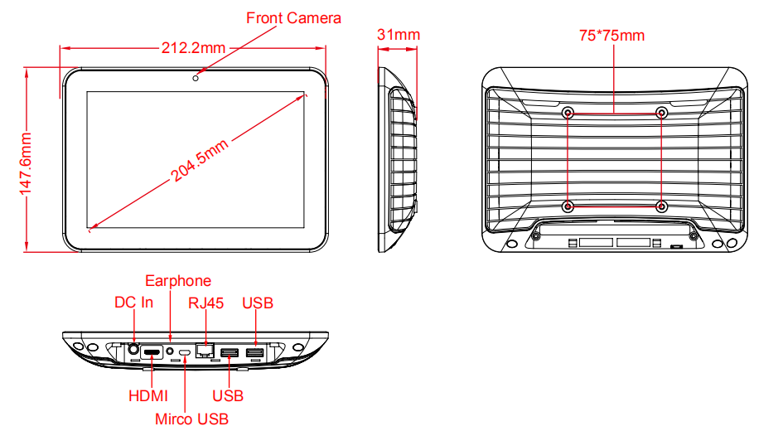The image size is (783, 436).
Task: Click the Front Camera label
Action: (293, 18)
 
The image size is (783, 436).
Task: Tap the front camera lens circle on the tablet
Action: (196, 78)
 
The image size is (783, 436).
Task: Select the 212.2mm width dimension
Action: (193, 48)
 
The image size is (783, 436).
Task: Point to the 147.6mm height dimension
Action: (26, 164)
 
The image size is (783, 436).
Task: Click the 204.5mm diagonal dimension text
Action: (200, 160)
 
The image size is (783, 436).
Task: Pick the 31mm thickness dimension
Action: (399, 35)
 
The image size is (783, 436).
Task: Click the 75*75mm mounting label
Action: (611, 36)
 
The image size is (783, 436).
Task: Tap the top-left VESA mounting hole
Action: (568, 113)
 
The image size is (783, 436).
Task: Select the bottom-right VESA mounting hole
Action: (661, 206)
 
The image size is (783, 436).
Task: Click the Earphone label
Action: (178, 281)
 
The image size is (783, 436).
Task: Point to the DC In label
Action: (133, 303)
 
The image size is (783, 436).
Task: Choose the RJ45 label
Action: (205, 303)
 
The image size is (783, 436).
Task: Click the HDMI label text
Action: (147, 396)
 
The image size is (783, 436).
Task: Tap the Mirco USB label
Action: (191, 419)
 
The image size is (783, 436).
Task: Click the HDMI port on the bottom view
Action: (152, 352)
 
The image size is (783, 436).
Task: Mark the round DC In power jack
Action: (133, 349)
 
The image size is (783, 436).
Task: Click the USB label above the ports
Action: (258, 303)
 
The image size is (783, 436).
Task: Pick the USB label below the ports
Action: (228, 396)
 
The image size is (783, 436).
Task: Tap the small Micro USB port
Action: (185, 352)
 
